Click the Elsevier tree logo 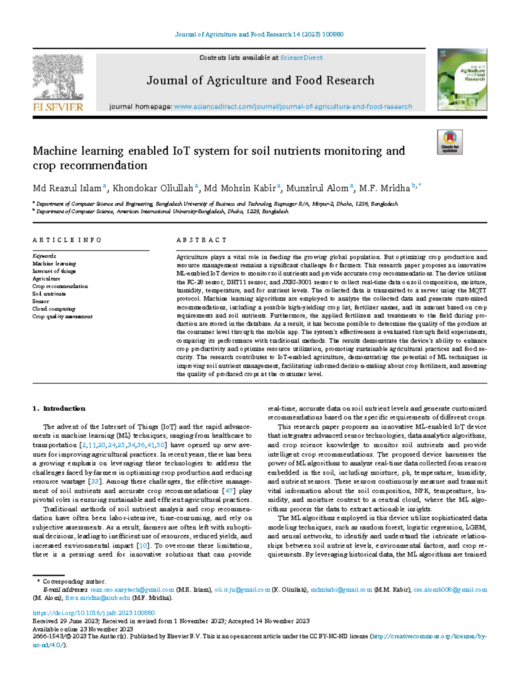point(58,78)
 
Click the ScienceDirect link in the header point(301,58)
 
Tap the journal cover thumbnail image point(462,80)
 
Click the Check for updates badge point(449,142)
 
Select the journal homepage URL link point(293,107)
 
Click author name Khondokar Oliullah point(153,188)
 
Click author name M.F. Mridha point(384,188)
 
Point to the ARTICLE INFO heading point(67,240)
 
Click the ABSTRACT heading point(201,240)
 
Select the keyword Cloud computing point(54,309)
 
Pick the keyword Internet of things point(54,271)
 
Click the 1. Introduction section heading point(59,409)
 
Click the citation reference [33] point(95,482)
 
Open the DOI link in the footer point(94,613)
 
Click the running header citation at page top point(259,34)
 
